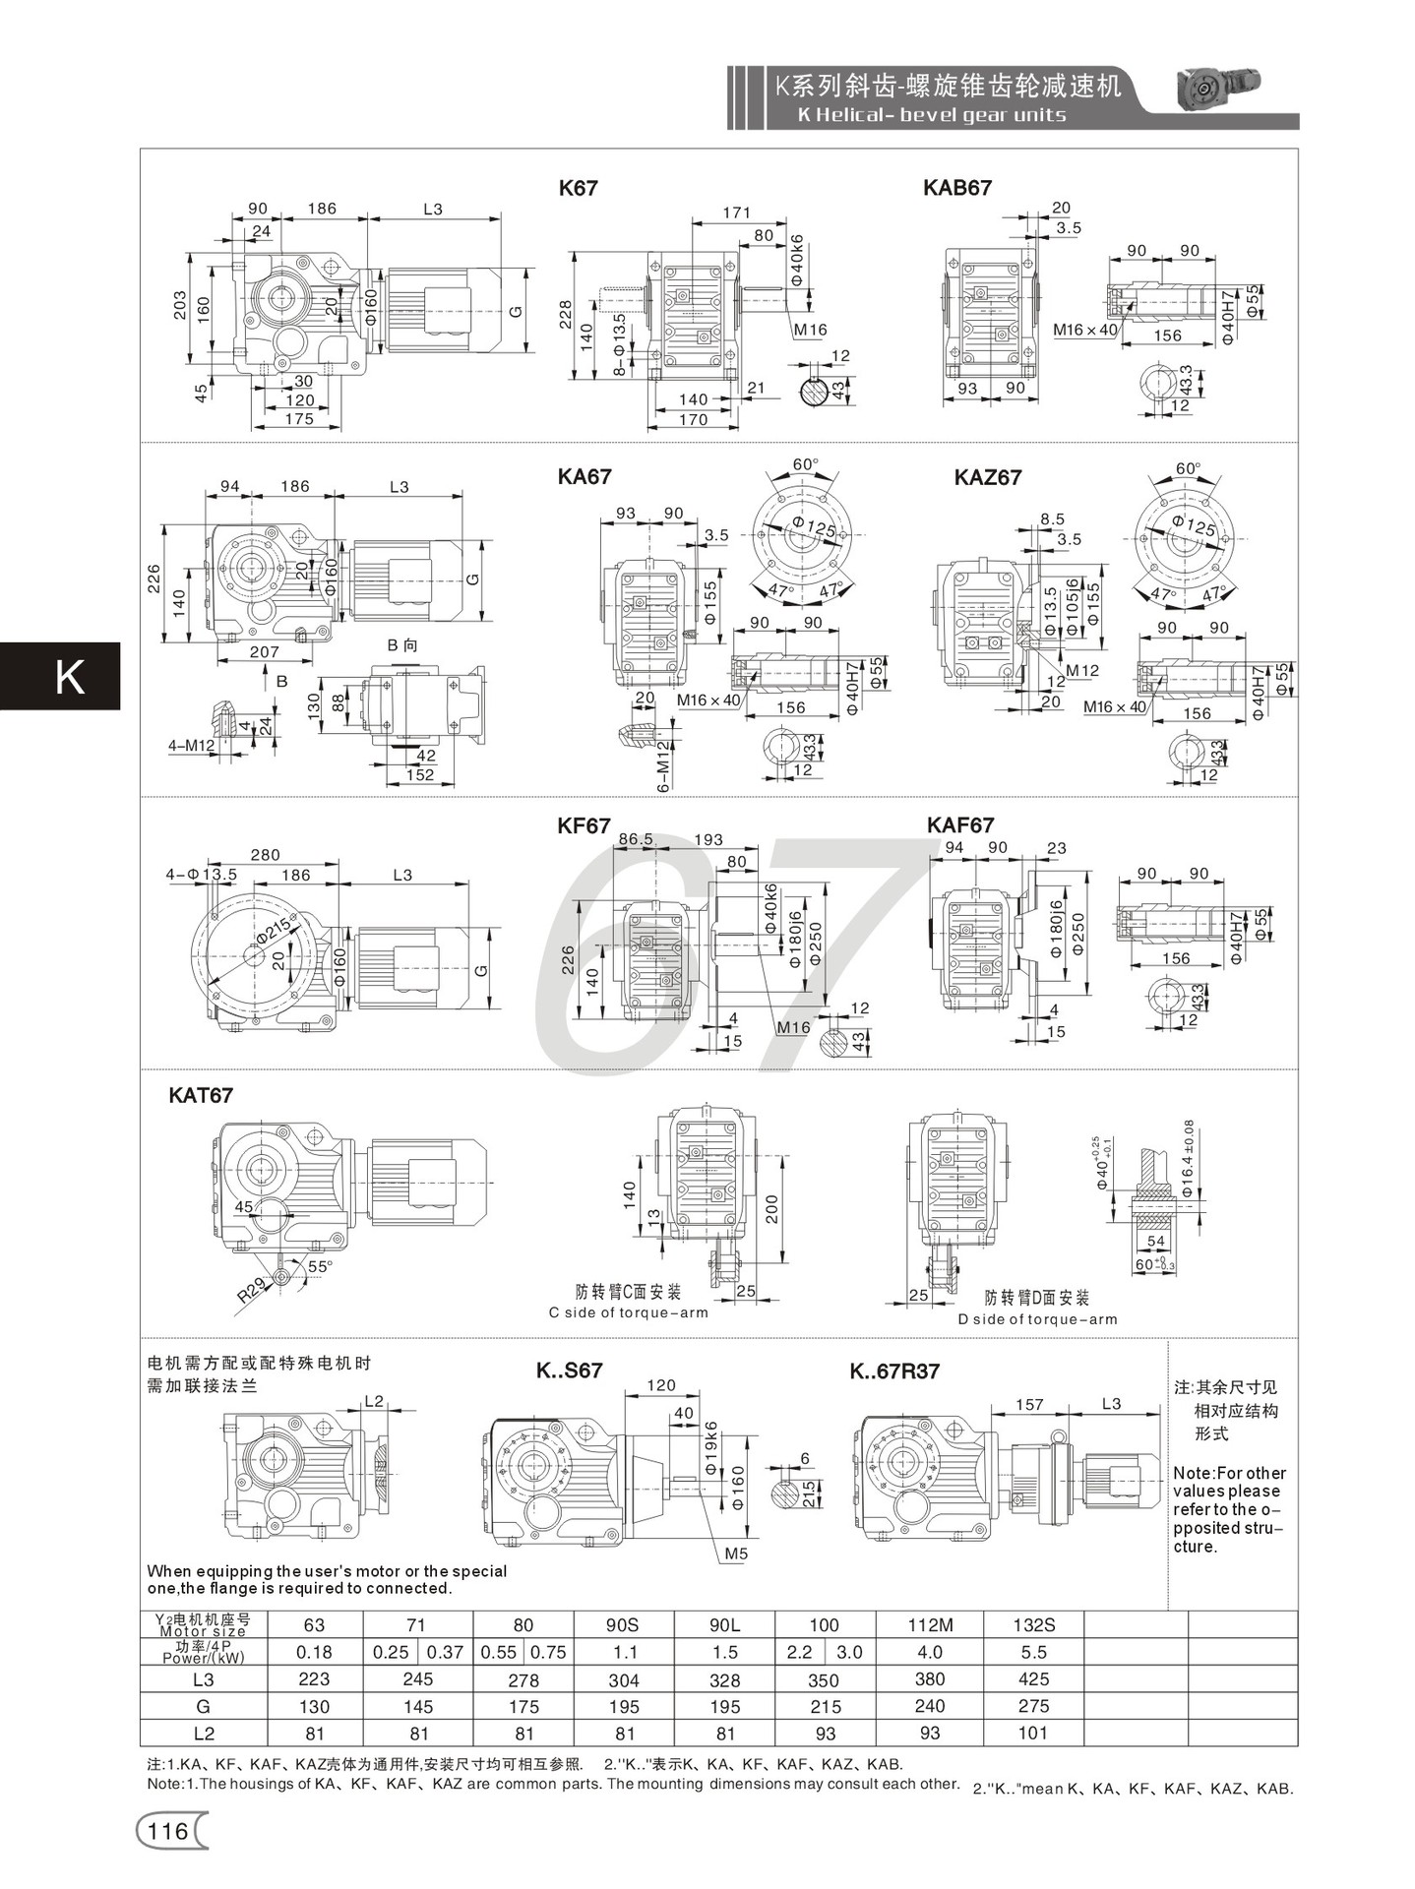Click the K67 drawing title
click(x=578, y=188)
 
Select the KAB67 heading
click(x=956, y=188)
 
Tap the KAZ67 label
click(x=987, y=478)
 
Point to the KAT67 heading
click(x=201, y=1095)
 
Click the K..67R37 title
click(x=894, y=1371)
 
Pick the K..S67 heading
click(x=569, y=1371)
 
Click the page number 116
click(x=167, y=1831)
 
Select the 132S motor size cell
click(x=1033, y=1625)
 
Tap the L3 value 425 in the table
click(x=1033, y=1679)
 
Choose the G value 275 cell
click(x=1033, y=1706)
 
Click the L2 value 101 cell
click(x=1033, y=1734)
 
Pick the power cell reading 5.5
click(x=1033, y=1653)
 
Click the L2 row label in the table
click(x=203, y=1734)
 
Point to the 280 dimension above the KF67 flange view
click(x=265, y=855)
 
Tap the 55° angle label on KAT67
click(x=320, y=1267)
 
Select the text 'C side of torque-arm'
click(x=628, y=1312)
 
